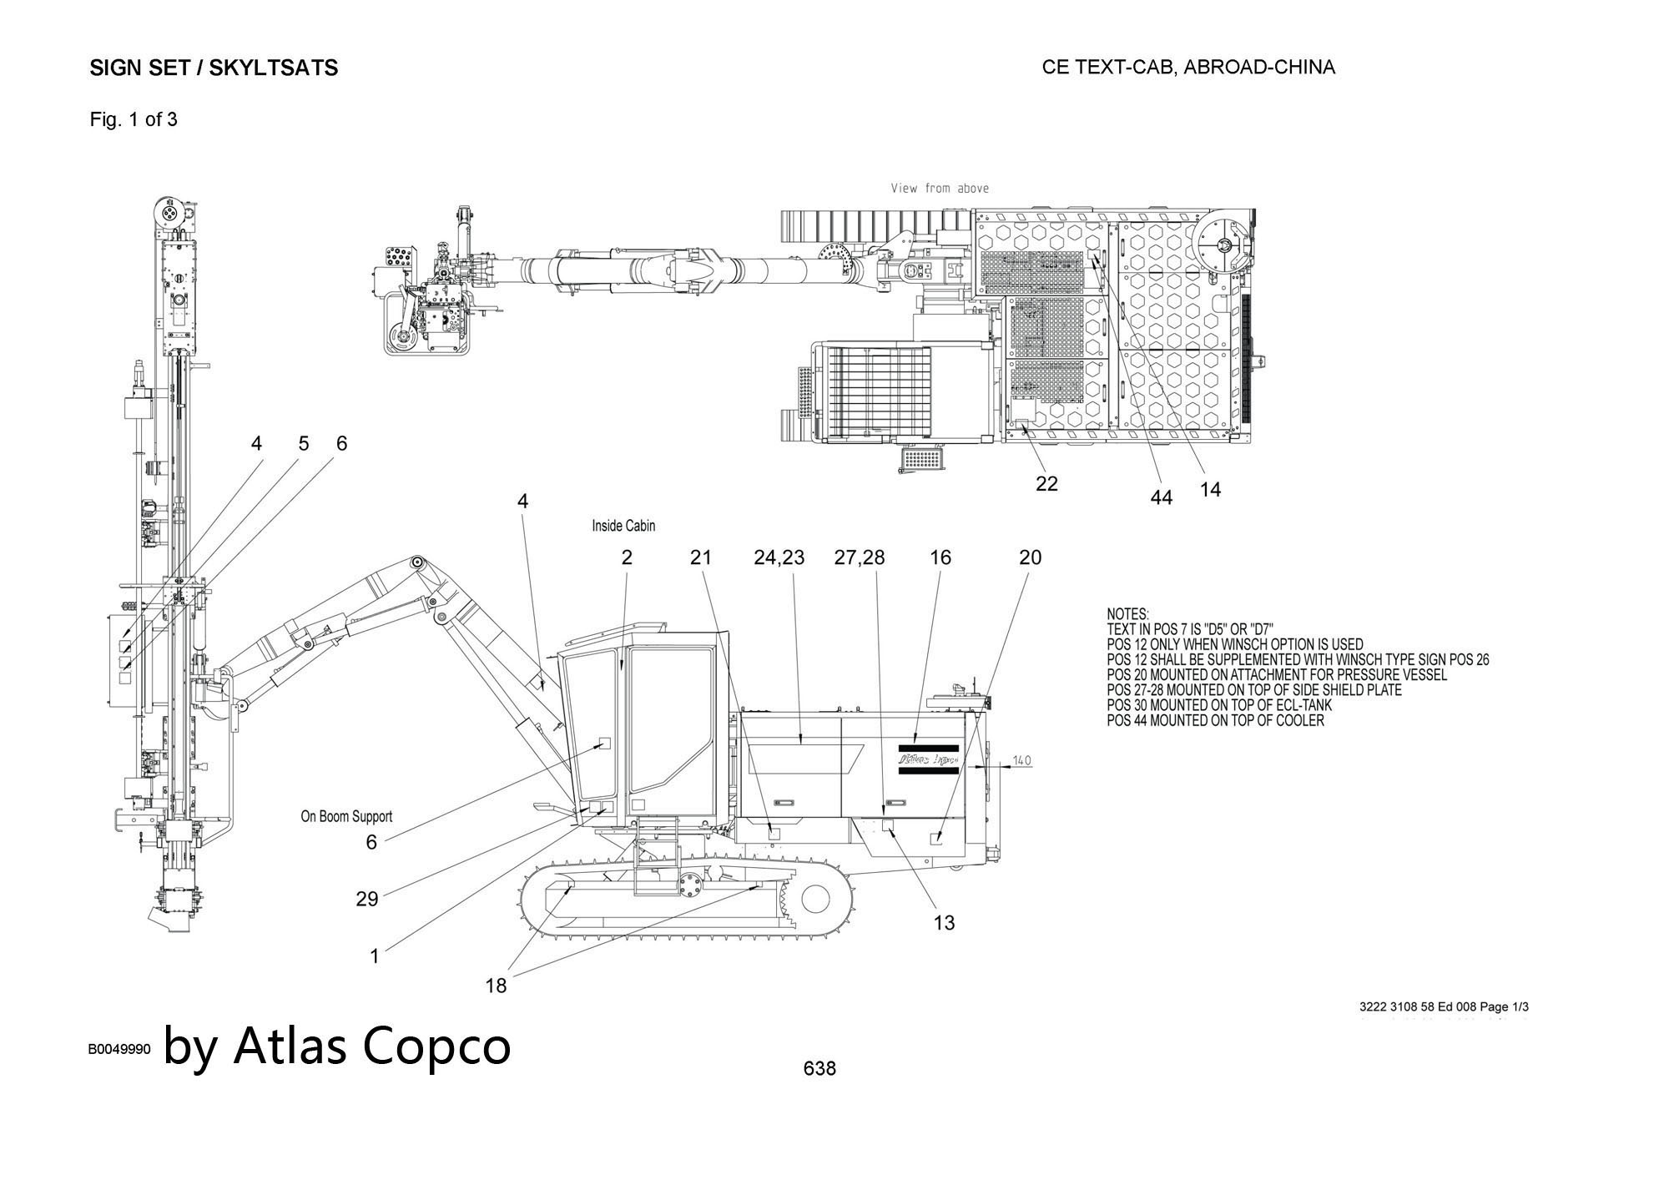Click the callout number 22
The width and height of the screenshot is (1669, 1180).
(1046, 483)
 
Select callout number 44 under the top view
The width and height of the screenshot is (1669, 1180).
(1161, 497)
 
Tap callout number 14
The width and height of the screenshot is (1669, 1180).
(1210, 490)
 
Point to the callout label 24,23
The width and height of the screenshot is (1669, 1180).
(779, 557)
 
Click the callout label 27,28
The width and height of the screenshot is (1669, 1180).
(860, 557)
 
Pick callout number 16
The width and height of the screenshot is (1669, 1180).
(940, 557)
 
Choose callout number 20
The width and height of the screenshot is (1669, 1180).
(1031, 557)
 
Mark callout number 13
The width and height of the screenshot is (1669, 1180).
(944, 922)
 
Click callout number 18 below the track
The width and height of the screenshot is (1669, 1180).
(496, 986)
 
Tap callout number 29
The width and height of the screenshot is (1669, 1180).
(367, 899)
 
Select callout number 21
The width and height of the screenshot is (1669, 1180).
(701, 557)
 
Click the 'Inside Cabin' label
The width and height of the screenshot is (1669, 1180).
(623, 526)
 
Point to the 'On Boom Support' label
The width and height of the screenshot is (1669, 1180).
(346, 816)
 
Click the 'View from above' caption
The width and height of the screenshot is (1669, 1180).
(940, 189)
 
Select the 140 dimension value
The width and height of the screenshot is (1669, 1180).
(1021, 760)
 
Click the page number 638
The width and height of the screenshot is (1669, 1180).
(819, 1068)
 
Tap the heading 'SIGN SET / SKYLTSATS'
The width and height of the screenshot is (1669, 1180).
(214, 68)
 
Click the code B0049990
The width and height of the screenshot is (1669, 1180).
(118, 1050)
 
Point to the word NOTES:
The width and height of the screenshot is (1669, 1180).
(1127, 614)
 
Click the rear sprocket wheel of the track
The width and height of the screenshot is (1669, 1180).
(815, 899)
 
